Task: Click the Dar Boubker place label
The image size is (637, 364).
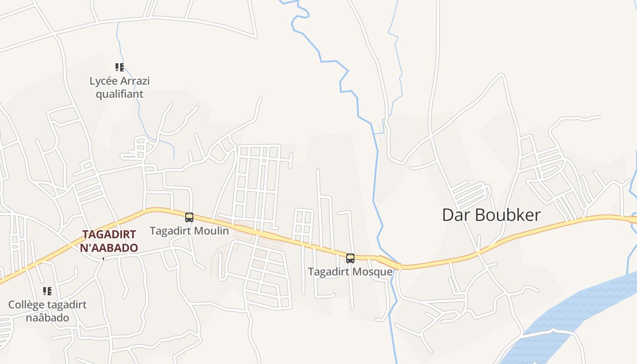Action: coord(491,215)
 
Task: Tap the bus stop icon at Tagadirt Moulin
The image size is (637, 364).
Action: coord(189,217)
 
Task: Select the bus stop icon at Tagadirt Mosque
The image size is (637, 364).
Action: coord(350,258)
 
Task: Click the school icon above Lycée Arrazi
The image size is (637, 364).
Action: coord(120,68)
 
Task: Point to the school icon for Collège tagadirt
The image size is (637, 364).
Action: coord(47,291)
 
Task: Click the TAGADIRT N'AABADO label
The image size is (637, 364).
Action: coord(109,241)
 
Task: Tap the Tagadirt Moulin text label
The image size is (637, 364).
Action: coord(189,231)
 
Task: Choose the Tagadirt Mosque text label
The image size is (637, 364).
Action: coord(350,272)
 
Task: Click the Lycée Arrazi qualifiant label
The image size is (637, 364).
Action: coord(120,87)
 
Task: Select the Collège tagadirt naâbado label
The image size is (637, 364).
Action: coord(47,311)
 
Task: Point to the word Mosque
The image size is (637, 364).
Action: coord(374,272)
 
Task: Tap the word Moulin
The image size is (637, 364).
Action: coord(212,231)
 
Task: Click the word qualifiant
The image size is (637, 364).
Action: coord(120,94)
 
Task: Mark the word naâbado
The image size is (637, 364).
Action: coord(47,318)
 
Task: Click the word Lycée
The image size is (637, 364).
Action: coord(102,81)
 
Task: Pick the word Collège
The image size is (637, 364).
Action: coord(25,305)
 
